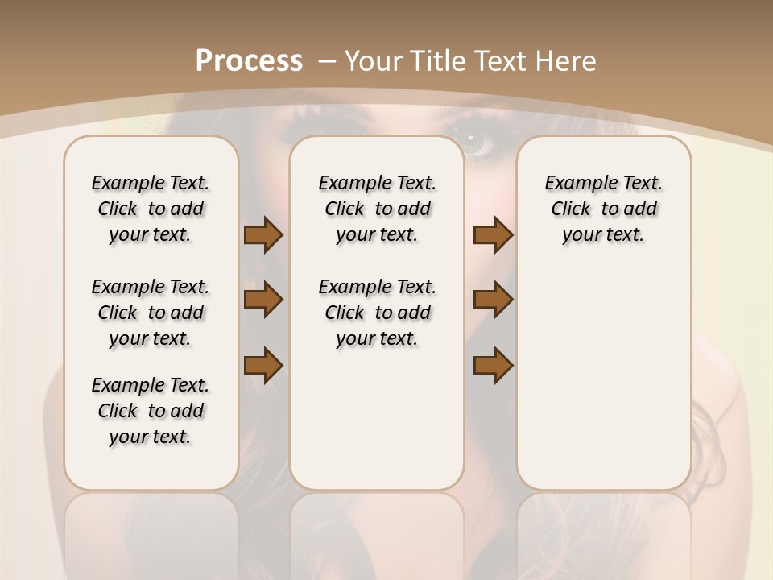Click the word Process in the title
point(249,60)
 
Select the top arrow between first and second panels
point(263,235)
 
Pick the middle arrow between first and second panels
point(263,300)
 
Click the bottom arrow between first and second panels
point(263,365)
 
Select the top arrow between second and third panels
point(493,235)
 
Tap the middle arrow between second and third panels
point(493,300)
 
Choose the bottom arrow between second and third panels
point(493,365)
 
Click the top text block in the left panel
point(151,209)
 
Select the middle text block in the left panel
point(151,313)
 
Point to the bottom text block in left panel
point(151,411)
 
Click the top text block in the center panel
point(377,209)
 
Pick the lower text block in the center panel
point(377,313)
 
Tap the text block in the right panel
point(603,209)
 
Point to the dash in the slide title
point(328,61)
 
